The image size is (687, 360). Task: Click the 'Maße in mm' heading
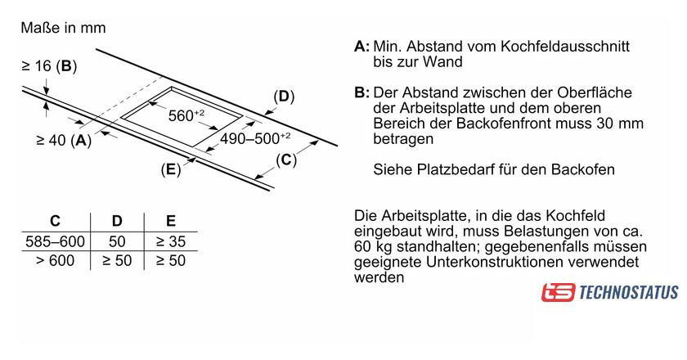64,29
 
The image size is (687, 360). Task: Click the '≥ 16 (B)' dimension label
49,65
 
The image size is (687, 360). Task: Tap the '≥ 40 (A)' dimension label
64,141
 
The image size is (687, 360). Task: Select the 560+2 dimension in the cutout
185,115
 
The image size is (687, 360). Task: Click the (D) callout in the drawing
283,97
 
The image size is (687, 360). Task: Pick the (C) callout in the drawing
285,160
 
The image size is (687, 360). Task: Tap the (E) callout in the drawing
170,170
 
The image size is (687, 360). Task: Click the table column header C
55,221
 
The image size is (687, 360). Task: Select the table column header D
117,221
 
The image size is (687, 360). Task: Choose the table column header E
170,221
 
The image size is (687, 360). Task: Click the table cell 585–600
55,241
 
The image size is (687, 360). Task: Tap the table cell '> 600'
55,261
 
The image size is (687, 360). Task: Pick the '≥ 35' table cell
170,241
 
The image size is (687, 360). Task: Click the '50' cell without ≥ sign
117,241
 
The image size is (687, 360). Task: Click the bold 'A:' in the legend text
362,47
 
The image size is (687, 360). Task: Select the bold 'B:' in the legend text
362,93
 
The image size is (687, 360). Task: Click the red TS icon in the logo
558,292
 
